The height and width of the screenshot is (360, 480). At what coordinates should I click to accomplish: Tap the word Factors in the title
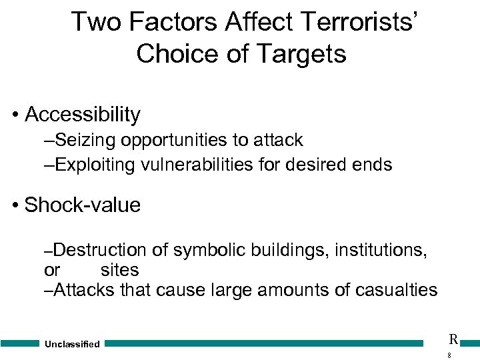click(x=170, y=21)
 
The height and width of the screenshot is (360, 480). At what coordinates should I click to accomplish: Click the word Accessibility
click(x=83, y=115)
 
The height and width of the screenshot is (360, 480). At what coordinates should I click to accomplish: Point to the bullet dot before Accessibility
click(x=15, y=115)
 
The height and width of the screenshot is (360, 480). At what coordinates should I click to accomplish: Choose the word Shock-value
click(x=83, y=205)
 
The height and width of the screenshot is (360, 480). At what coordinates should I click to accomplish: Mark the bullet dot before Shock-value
click(x=15, y=205)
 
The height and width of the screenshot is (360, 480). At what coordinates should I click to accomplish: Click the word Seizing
click(x=83, y=140)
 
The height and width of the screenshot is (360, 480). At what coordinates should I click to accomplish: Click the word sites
click(x=119, y=270)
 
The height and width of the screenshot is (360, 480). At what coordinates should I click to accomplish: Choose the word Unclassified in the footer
click(x=72, y=344)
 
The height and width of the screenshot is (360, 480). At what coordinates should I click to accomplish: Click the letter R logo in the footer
click(x=453, y=339)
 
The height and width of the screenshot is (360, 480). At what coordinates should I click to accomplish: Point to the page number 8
click(x=449, y=355)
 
